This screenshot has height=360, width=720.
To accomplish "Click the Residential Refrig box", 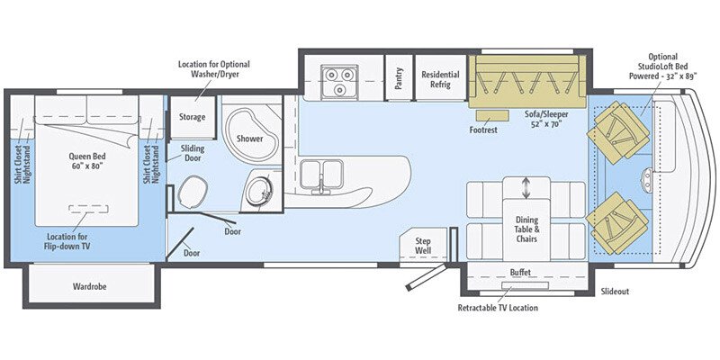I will coord(441,79).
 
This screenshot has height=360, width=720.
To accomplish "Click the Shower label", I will coord(249,139).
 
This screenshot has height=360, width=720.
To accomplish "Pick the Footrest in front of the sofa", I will coord(491,116).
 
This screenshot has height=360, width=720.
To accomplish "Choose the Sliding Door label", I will coord(193,152).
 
